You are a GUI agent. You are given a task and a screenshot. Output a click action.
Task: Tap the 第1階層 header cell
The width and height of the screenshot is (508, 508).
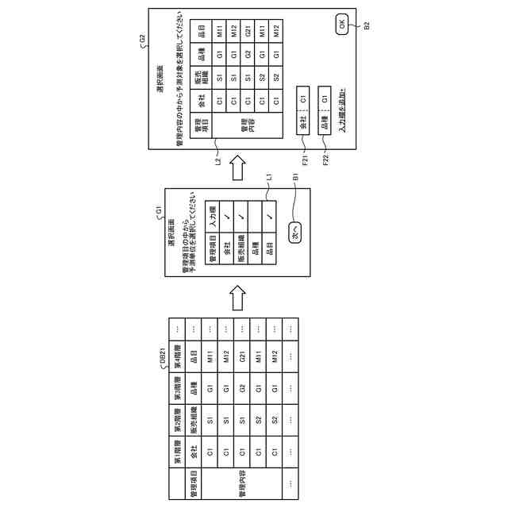click(178, 452)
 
